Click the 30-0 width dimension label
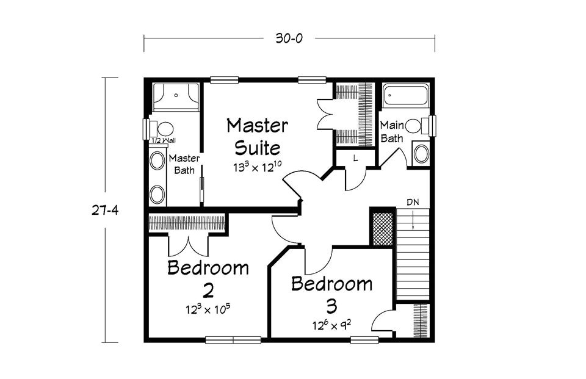tap(289, 38)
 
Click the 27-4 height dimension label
tap(105, 211)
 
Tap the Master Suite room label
tap(258, 137)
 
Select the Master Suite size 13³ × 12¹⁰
tap(258, 167)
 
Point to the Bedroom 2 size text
tap(208, 309)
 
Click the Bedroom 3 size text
tap(332, 325)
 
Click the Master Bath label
tap(184, 164)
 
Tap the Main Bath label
tap(392, 132)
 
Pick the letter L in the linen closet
tap(355, 158)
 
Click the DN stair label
tap(413, 203)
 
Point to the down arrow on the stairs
tap(413, 220)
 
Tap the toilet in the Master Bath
tap(161, 129)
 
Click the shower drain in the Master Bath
tap(176, 95)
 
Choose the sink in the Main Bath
tap(421, 154)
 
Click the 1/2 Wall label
tap(163, 140)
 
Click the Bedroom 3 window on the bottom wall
tap(364, 340)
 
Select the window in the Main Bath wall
tap(432, 126)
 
